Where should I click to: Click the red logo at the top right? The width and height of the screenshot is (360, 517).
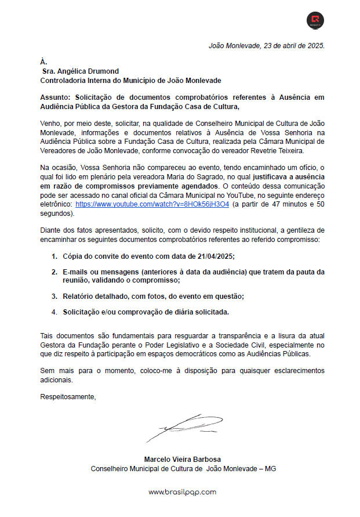tap(315, 21)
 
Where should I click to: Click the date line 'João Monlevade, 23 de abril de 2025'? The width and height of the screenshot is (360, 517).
tap(266, 45)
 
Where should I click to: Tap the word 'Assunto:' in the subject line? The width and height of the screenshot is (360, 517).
tap(56, 97)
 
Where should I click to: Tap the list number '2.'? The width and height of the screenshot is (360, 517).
tap(54, 272)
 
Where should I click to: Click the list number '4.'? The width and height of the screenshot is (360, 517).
tap(54, 312)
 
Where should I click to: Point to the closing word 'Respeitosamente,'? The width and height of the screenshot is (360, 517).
tap(68, 397)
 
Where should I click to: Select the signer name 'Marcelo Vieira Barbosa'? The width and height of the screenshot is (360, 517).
tap(183, 459)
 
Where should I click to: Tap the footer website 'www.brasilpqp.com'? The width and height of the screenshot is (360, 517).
tap(182, 492)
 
